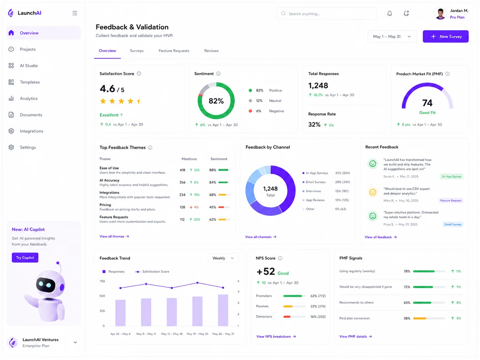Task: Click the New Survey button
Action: coord(446,36)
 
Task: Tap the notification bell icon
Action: coord(390,14)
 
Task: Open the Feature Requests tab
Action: coord(174,51)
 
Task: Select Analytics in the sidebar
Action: coord(29,98)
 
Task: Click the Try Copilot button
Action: coord(25,258)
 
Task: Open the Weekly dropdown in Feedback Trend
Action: coord(223,258)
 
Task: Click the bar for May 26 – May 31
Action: coord(223,310)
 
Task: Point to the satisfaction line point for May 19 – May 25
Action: coord(198,283)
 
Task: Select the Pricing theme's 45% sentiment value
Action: coord(212,207)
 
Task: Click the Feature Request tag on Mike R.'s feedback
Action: coord(451,201)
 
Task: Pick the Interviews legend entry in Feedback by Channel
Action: coord(313,191)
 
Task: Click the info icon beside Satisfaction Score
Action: coord(139,74)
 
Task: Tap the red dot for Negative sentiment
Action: coord(250,111)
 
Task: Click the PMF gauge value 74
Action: coord(427,103)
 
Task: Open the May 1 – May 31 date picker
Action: coord(392,36)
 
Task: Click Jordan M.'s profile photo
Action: coord(440,14)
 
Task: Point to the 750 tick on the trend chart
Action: coord(102,281)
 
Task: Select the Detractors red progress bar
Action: coord(287,317)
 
